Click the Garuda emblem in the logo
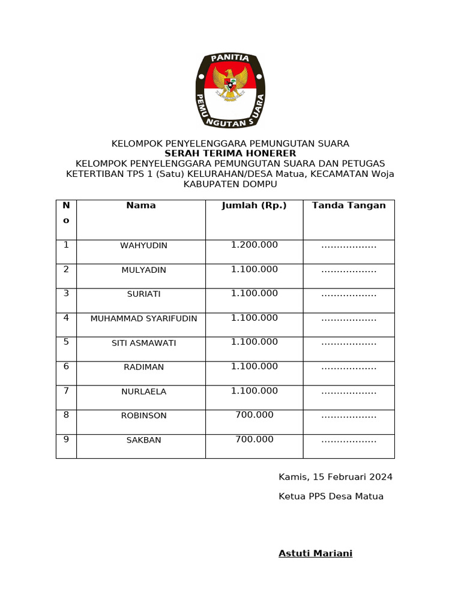click(230, 84)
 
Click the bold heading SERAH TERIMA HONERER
click(230, 153)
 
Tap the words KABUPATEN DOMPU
click(230, 184)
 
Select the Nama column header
click(141, 206)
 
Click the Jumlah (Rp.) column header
click(254, 206)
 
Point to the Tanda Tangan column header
click(349, 206)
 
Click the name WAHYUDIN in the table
click(143, 246)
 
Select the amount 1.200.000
click(255, 245)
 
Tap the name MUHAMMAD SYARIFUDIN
click(143, 319)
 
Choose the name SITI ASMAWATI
click(143, 343)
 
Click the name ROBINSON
click(143, 416)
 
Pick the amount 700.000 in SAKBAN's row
click(255, 440)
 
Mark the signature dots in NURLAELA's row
click(349, 392)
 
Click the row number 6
click(66, 366)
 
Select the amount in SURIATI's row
click(255, 293)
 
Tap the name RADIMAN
click(143, 367)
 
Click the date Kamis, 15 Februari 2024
click(336, 477)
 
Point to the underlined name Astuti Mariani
click(315, 553)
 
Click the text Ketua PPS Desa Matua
click(331, 496)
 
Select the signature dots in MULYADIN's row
click(349, 270)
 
